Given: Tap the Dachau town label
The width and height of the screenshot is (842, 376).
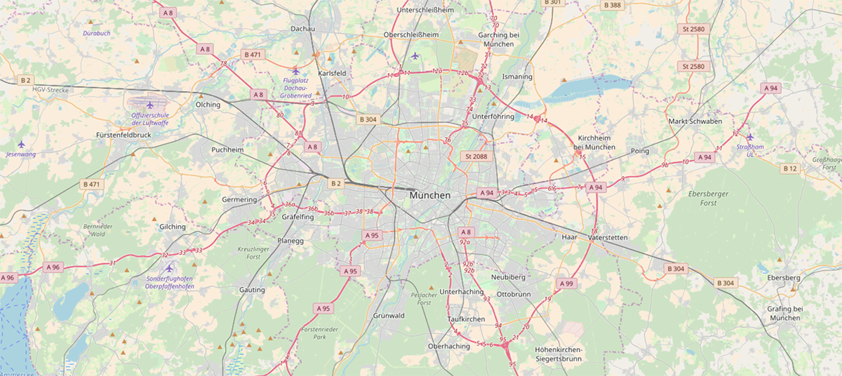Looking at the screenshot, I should (302, 29).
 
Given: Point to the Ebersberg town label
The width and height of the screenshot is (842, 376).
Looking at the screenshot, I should (784, 278).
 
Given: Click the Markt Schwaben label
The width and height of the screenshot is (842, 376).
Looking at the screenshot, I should (695, 121).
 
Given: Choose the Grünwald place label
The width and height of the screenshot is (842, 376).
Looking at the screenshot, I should (389, 316).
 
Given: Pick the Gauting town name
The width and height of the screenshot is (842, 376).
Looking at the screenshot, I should (252, 290).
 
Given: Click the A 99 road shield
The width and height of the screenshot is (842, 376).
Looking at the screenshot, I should (566, 283).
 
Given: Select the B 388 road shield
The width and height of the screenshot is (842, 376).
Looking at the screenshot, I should (612, 5).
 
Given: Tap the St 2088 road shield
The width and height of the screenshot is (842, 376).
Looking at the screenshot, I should (476, 156).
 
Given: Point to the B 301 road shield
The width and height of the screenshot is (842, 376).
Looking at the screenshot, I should (552, 3).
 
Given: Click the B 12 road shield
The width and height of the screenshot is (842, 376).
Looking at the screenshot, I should (790, 168).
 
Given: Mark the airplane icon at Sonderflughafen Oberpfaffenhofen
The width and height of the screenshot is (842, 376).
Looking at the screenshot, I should (168, 268).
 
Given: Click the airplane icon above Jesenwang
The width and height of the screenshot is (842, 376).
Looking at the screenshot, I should (21, 144).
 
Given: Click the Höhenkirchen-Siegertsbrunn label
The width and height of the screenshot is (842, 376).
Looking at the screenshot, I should (558, 354).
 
